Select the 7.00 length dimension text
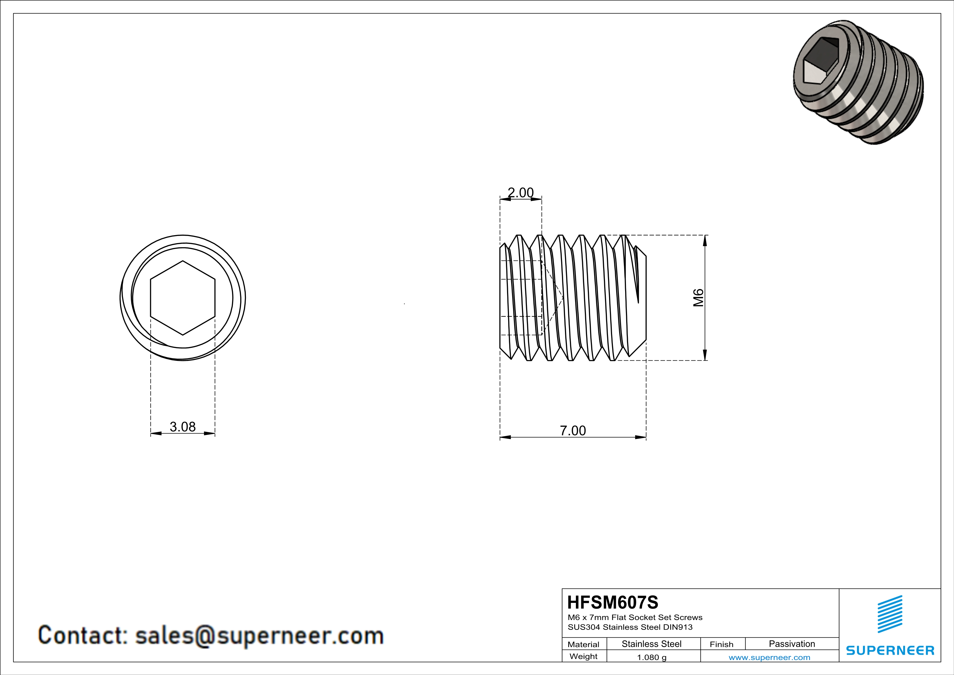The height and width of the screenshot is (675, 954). pos(573,431)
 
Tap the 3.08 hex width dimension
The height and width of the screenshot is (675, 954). pos(183,427)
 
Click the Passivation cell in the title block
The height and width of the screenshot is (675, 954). pos(792,644)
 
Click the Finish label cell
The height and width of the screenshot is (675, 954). pos(721,644)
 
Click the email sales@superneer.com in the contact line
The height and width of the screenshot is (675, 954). pos(259,636)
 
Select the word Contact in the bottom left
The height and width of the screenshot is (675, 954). pos(82,636)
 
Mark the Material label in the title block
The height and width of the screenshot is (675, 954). pos(583,644)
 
